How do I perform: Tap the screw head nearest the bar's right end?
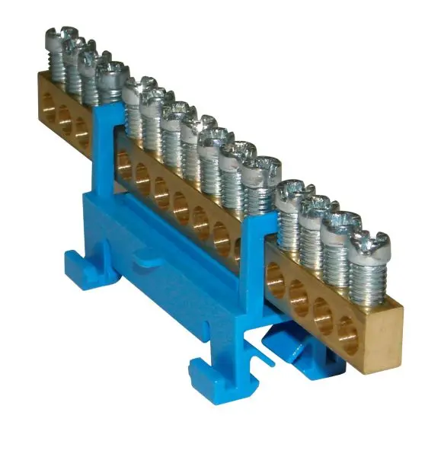pyautogui.click(x=372, y=244)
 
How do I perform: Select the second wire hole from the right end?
pyautogui.click(x=324, y=314)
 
